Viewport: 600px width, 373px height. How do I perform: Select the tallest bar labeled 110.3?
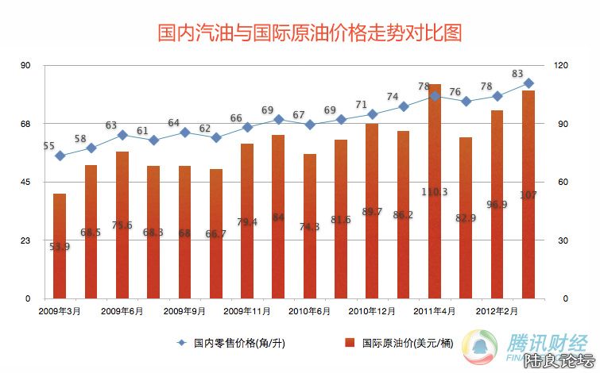coord(434,190)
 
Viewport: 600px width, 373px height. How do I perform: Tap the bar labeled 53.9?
coord(60,246)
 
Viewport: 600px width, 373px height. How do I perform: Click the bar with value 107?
coord(528,194)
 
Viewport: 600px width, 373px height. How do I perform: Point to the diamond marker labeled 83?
coord(528,83)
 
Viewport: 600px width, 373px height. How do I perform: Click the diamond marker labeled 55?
coord(60,156)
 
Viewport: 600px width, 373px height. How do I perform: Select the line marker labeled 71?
coord(372,114)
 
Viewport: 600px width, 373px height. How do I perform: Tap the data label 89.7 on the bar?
coord(372,212)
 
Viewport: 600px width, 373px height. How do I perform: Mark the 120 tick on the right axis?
coord(562,66)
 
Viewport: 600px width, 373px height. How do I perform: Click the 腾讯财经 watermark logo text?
coord(548,343)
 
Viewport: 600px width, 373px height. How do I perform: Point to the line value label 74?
coord(393,97)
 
